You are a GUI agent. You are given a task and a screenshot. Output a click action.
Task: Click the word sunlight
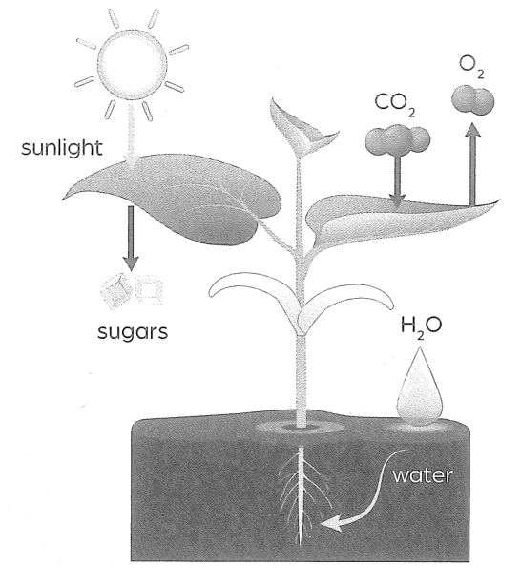point(62,148)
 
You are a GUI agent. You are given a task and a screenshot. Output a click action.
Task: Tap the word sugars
point(133,332)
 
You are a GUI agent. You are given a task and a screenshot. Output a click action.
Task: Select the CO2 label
point(395,104)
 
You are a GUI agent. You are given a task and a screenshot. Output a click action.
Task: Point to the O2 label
point(471,68)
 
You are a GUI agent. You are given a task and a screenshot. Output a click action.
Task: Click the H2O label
point(421,327)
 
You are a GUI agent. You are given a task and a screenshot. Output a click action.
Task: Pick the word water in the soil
point(423,474)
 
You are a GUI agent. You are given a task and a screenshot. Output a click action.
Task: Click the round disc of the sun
point(132,65)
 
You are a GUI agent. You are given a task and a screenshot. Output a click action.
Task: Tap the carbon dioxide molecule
point(398,139)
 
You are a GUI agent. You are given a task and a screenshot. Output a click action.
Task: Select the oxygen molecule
point(473,99)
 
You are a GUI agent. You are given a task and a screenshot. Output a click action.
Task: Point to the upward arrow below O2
point(472,164)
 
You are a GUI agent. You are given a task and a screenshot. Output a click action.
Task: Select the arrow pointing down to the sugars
point(131,239)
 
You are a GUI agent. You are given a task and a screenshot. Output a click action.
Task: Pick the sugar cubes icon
point(131,291)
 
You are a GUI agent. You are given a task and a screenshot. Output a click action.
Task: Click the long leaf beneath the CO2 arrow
point(391,221)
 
